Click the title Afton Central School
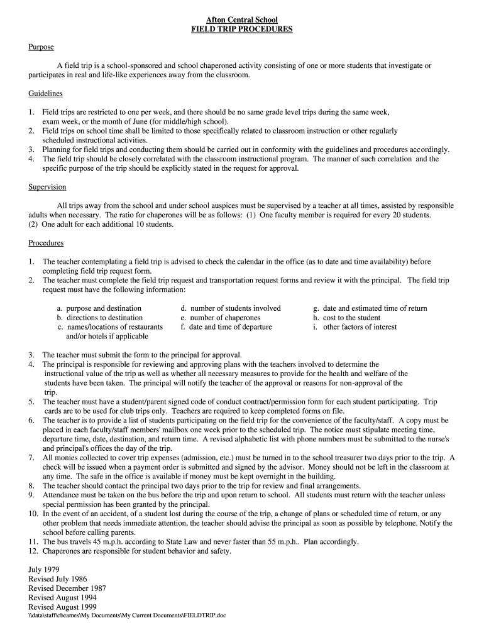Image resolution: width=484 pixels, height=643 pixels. click(x=242, y=20)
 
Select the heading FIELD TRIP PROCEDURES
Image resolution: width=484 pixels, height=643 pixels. click(x=242, y=30)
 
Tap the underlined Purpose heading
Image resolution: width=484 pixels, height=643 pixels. click(x=41, y=47)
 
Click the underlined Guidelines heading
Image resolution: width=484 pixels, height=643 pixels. click(x=46, y=94)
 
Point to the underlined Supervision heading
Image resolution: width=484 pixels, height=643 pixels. click(x=48, y=187)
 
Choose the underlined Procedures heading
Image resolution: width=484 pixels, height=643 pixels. click(x=46, y=242)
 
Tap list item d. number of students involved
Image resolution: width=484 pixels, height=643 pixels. click(x=231, y=308)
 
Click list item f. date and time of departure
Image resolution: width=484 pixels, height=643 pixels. click(x=226, y=327)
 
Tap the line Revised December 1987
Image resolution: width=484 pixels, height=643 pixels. click(x=67, y=588)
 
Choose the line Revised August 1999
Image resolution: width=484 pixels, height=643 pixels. click(x=62, y=607)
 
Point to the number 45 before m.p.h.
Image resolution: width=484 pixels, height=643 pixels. click(x=97, y=541)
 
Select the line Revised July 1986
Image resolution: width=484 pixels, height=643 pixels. click(x=58, y=579)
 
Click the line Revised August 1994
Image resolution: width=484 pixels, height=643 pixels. click(x=62, y=598)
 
